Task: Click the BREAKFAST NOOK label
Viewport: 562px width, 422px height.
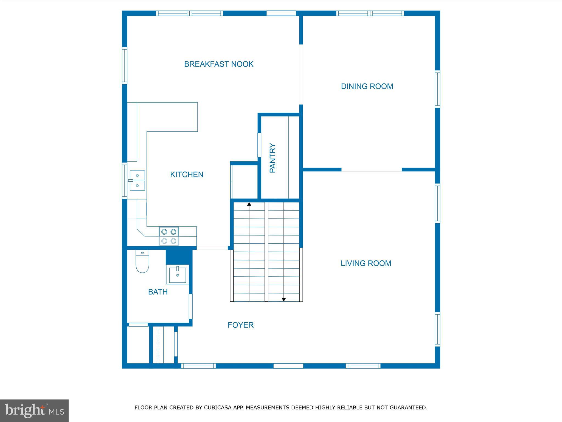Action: pyautogui.click(x=219, y=64)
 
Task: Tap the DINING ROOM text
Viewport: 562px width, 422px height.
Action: pyautogui.click(x=367, y=86)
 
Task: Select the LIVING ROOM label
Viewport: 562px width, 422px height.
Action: pyautogui.click(x=366, y=263)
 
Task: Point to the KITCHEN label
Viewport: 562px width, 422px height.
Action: pyautogui.click(x=187, y=174)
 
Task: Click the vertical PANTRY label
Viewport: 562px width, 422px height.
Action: pyautogui.click(x=272, y=158)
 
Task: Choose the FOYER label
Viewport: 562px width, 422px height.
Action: pyautogui.click(x=241, y=325)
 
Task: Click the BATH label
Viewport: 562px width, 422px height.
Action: pyautogui.click(x=158, y=292)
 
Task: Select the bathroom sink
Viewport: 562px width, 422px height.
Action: pyautogui.click(x=178, y=274)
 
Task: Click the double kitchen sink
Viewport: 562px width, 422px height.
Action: pyautogui.click(x=137, y=181)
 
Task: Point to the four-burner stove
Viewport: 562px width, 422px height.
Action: pyautogui.click(x=169, y=236)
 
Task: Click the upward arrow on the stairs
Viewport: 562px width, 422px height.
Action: pyautogui.click(x=249, y=204)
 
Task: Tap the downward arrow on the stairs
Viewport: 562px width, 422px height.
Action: pyautogui.click(x=284, y=299)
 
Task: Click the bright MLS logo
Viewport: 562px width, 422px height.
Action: pyautogui.click(x=34, y=410)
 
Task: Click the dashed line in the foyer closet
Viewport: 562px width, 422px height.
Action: pyautogui.click(x=158, y=345)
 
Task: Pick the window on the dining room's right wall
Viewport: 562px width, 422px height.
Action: pyautogui.click(x=437, y=89)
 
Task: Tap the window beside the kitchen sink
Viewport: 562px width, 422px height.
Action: pyautogui.click(x=125, y=181)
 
